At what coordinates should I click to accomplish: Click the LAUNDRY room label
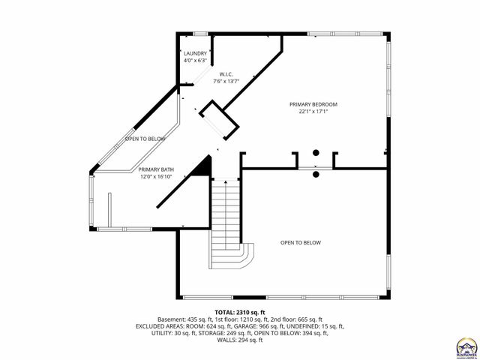(195, 54)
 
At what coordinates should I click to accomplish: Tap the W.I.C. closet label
(227, 74)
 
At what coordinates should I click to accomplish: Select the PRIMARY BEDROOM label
(313, 104)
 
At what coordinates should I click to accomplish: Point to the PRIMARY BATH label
(156, 170)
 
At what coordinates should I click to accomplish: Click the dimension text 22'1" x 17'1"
(313, 111)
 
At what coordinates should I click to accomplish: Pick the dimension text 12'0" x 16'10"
(156, 177)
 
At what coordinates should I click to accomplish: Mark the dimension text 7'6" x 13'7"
(227, 80)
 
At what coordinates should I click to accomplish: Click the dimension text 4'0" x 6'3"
(195, 60)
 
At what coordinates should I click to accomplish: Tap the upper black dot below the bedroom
(316, 153)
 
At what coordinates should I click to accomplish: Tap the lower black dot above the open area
(316, 174)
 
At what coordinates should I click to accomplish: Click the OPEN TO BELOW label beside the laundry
(145, 139)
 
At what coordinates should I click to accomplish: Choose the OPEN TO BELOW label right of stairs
(301, 242)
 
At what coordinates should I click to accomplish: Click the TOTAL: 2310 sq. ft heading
(240, 312)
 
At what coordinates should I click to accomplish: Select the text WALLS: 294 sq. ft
(240, 340)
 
